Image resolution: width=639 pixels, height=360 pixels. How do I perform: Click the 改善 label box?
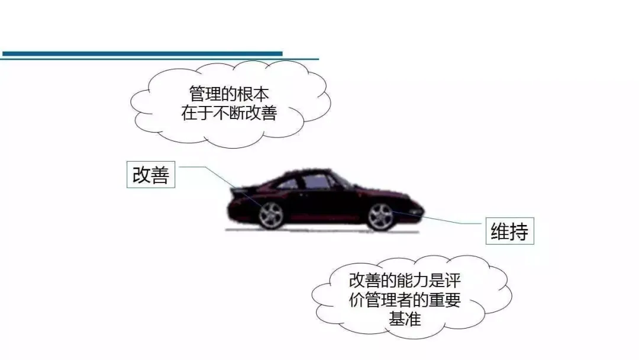151,175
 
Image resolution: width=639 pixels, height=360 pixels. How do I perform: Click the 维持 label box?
510,231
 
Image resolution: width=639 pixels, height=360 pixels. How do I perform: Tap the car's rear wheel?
271,215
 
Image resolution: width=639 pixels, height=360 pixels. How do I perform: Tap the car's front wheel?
380,217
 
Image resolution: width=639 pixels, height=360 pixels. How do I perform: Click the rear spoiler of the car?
240,191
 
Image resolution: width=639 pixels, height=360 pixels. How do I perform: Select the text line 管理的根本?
229,94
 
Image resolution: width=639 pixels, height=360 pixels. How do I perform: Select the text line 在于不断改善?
229,113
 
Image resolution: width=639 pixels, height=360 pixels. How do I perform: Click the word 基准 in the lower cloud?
405,319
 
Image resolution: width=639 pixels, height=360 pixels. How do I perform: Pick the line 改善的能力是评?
405,281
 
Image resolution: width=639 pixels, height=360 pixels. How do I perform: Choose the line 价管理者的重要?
405,300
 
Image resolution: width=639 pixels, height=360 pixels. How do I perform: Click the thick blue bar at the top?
142,53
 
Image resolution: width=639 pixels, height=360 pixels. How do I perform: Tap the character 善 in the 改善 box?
160,175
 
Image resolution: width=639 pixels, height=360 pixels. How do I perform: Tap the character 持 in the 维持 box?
519,232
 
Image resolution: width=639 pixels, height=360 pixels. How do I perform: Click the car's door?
322,202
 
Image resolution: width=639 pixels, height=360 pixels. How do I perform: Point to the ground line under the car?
322,232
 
